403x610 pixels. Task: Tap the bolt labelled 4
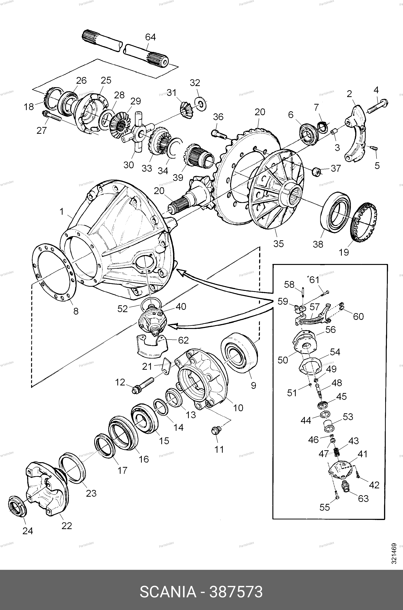click(377, 106)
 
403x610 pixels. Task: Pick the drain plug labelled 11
click(216, 431)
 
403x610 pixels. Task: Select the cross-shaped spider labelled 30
click(137, 133)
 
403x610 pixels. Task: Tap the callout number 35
click(278, 243)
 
